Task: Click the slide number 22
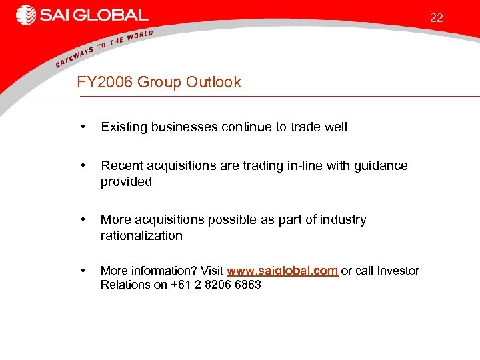436,18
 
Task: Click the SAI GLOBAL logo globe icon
26,15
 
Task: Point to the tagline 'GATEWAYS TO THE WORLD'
104,48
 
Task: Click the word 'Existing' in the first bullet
123,127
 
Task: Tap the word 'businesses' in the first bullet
183,127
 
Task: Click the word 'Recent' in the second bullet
121,165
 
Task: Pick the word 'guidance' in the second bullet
381,165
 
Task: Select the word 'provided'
126,182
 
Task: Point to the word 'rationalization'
141,235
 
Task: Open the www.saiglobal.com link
282,271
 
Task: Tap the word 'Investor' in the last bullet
398,271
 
